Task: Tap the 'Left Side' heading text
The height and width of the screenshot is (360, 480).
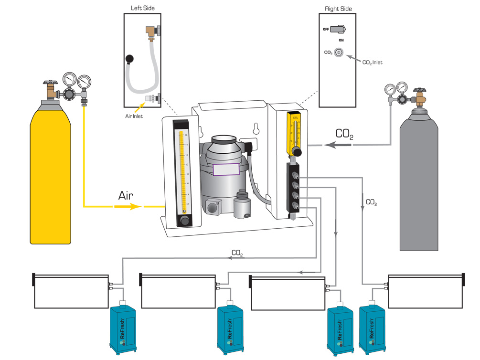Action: pos(143,8)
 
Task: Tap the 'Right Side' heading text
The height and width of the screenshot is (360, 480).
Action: pos(338,9)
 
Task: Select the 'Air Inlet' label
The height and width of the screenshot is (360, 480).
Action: pos(133,116)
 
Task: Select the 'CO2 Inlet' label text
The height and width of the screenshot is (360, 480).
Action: pos(372,63)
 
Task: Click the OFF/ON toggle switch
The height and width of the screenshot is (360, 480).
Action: pos(339,29)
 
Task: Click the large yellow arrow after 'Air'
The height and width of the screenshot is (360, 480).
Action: pos(128,207)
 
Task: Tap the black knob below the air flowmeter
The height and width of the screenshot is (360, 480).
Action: pos(184,221)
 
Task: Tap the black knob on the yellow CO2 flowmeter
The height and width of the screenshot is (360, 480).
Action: pos(297,152)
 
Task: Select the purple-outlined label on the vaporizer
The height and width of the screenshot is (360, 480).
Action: pos(226,169)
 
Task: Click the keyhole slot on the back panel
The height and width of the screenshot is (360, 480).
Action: pos(256,129)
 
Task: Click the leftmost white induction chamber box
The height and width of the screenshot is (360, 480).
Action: pos(72,291)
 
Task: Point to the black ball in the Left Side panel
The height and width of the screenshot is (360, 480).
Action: pos(128,59)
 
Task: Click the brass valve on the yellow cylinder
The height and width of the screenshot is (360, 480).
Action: pos(50,89)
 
